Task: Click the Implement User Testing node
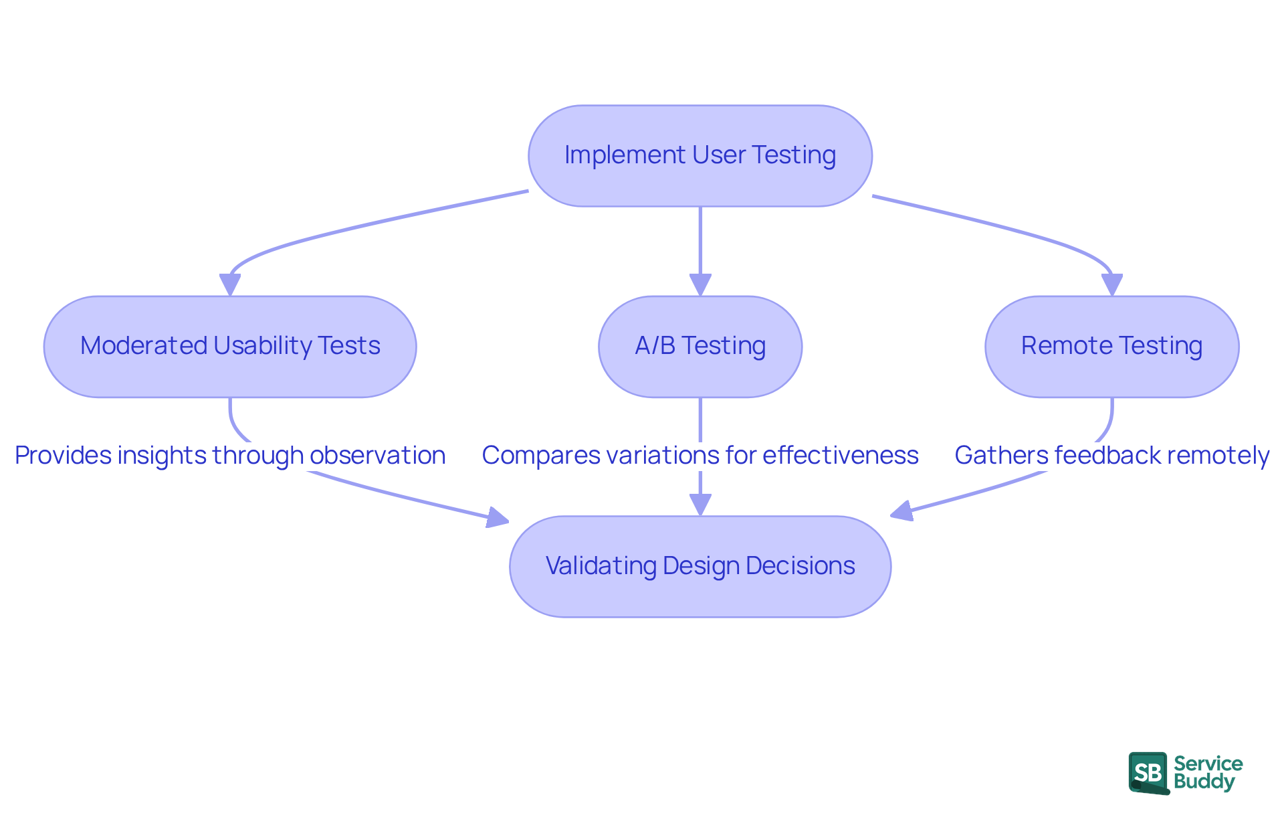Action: [700, 155]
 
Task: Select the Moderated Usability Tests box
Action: [230, 347]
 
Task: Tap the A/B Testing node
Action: [700, 347]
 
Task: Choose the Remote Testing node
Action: [1111, 347]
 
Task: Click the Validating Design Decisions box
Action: [700, 566]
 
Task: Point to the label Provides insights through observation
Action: [230, 456]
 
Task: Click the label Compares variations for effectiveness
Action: [700, 456]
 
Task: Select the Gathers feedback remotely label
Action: [1111, 456]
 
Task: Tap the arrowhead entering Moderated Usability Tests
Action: [230, 285]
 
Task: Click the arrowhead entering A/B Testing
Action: [700, 285]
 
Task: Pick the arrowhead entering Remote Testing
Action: [1111, 285]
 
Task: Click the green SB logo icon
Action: [1148, 773]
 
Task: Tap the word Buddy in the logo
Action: [1204, 782]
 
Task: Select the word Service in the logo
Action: [1208, 763]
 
